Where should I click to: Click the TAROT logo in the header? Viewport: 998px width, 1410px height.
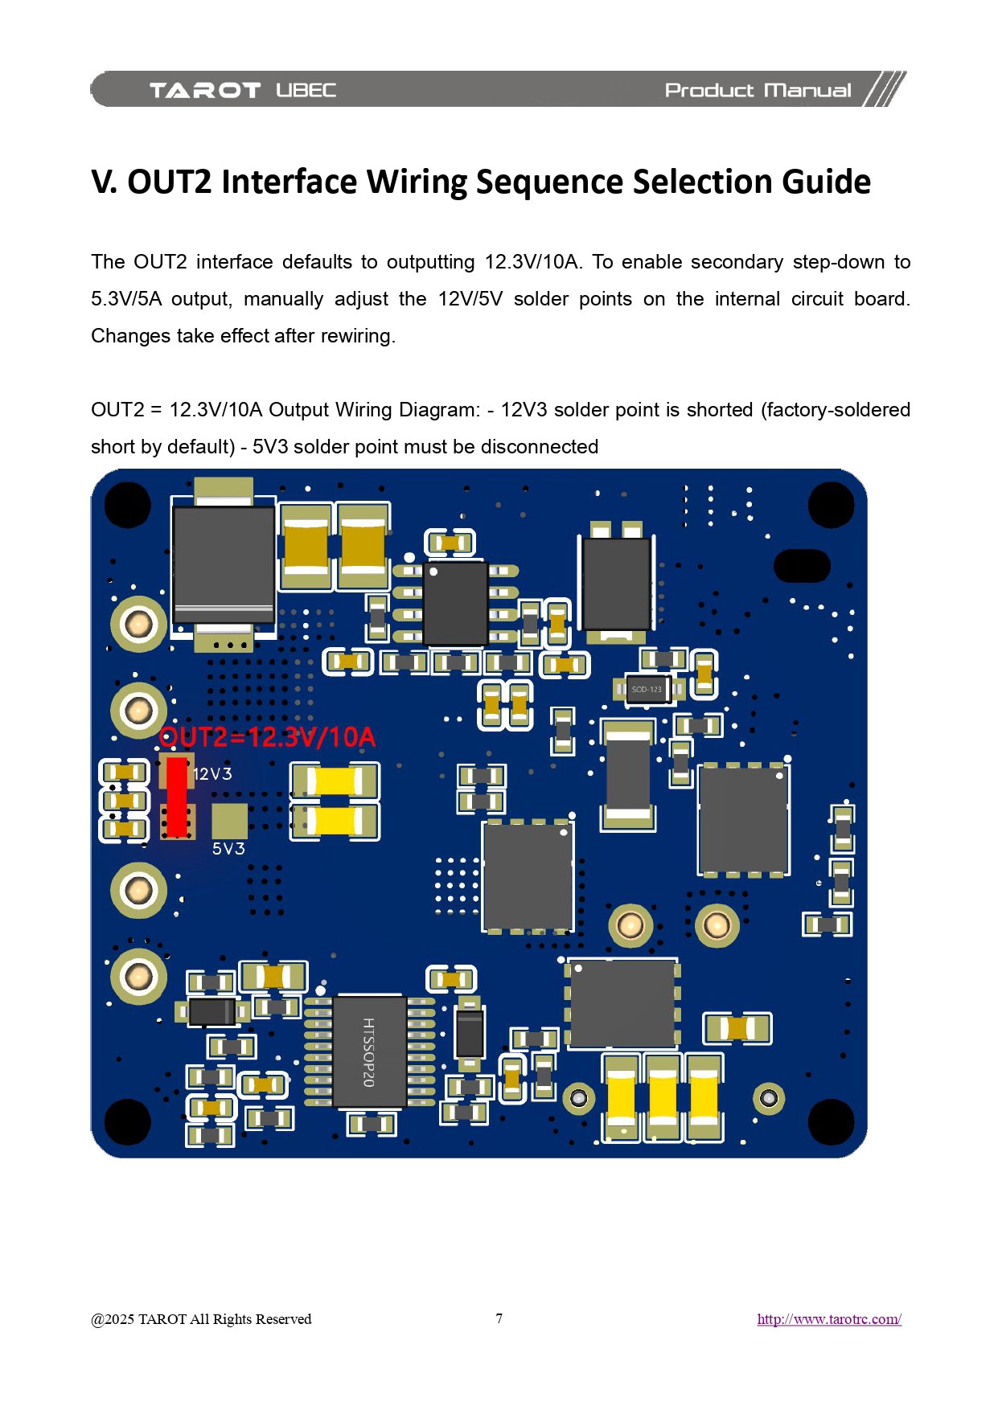[205, 90]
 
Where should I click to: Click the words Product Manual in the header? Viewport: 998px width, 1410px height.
[758, 90]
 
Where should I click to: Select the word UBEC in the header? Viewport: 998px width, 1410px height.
[306, 90]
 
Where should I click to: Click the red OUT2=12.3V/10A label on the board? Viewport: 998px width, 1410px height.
[267, 737]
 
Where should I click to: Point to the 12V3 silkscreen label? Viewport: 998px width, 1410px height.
[212, 774]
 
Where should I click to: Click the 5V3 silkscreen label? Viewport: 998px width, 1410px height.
[228, 849]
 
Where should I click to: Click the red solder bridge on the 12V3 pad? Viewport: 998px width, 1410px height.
[176, 796]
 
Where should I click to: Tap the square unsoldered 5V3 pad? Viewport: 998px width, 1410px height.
[229, 821]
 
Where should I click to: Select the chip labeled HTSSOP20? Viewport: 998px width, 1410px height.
[369, 1052]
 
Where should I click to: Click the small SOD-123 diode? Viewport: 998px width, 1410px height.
[647, 689]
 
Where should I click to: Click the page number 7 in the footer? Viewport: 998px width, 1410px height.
[499, 1318]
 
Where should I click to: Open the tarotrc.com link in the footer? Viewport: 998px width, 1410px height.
[829, 1319]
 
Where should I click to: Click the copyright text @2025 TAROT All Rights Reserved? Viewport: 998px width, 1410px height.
[201, 1319]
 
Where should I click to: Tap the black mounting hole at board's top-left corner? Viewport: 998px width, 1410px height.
[128, 505]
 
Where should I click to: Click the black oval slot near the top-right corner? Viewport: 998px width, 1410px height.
[801, 566]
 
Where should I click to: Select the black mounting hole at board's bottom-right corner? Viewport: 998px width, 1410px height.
[831, 1121]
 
